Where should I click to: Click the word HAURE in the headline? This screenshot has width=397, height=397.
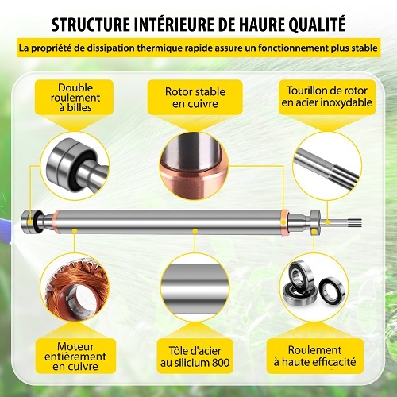pos(257,25)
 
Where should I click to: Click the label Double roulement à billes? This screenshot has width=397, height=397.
pos(75,98)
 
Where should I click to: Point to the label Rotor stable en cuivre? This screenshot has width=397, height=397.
pos(195,98)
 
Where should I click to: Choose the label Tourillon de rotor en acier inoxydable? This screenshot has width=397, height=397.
pos(327,96)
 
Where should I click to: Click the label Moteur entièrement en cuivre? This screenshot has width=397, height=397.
pos(75,357)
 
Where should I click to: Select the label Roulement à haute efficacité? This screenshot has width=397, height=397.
pos(314,356)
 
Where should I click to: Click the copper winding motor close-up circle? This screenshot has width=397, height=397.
pos(75,287)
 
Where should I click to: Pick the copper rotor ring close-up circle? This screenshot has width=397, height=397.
pos(194,166)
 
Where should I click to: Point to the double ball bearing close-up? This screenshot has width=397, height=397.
pos(75,166)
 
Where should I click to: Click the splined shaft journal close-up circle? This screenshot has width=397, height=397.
pos(327,166)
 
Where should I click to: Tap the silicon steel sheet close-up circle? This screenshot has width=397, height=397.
pos(195,287)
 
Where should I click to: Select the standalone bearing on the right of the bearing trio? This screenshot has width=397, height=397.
pos(332,291)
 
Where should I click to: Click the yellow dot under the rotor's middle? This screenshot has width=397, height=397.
pos(195,231)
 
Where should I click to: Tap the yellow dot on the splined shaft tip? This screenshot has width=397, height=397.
pos(327,222)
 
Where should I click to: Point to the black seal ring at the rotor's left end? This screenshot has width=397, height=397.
pos(39,222)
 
